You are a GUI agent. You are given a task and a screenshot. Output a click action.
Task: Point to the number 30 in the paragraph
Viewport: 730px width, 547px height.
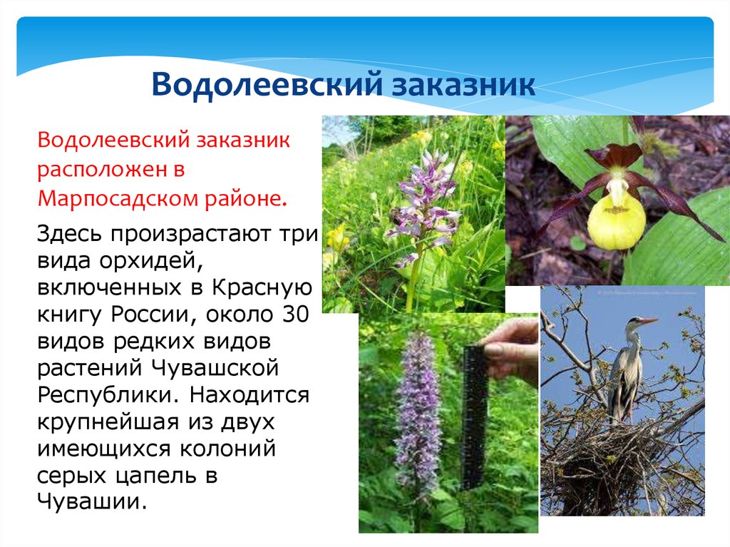pos(295,315)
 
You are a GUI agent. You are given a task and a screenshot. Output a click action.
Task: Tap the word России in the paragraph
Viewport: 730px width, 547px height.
pos(150,315)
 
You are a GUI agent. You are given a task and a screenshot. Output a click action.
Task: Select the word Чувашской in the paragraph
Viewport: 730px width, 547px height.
pos(215,368)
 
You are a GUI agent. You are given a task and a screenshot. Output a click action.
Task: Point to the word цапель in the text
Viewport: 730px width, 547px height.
pos(155,476)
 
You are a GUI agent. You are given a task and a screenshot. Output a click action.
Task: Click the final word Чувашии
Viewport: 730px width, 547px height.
pos(92,502)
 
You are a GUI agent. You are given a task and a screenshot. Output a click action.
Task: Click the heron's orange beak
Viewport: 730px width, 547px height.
pos(648,320)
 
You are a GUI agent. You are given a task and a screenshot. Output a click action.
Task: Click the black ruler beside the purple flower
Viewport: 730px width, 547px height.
pos(475,417)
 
